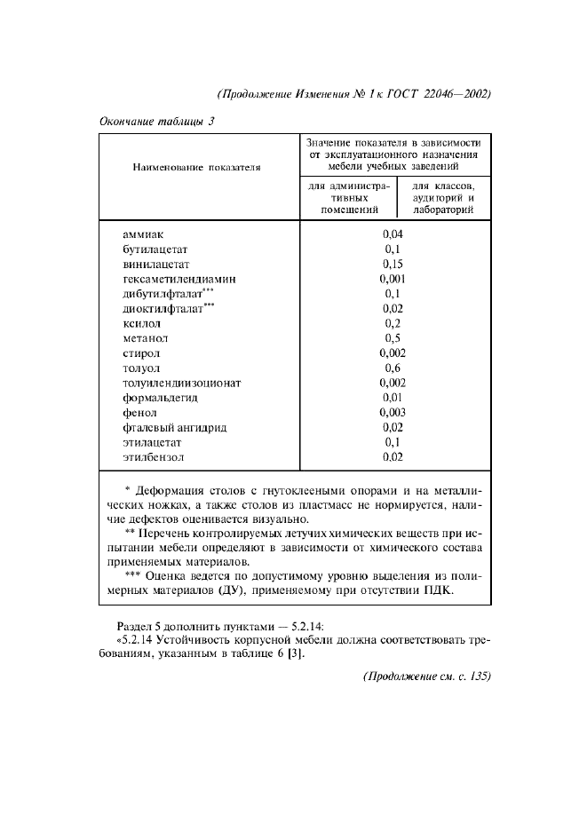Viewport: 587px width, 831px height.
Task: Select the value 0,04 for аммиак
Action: [x=393, y=233]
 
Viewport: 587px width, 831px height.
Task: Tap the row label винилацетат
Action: [x=156, y=264]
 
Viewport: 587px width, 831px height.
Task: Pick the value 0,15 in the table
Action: [x=393, y=264]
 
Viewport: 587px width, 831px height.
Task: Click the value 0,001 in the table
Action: [x=393, y=279]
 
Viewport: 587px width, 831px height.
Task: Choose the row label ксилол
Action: [x=141, y=323]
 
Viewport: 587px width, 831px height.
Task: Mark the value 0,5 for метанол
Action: [x=393, y=338]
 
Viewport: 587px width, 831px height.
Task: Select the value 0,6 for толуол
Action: [x=393, y=368]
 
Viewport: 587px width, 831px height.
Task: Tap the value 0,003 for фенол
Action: [x=393, y=413]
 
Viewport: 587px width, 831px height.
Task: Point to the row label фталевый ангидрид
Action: [x=175, y=428]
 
